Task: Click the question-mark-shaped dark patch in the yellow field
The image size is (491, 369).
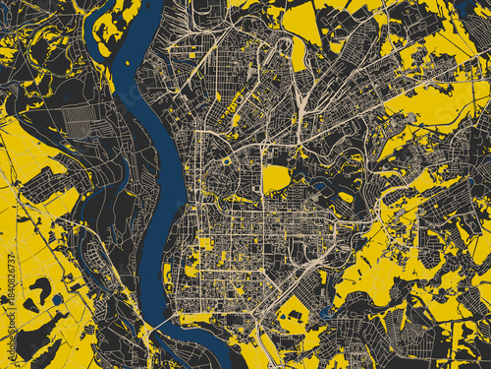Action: [x=40, y=290]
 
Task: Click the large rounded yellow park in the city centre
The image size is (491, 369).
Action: [x=276, y=178]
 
